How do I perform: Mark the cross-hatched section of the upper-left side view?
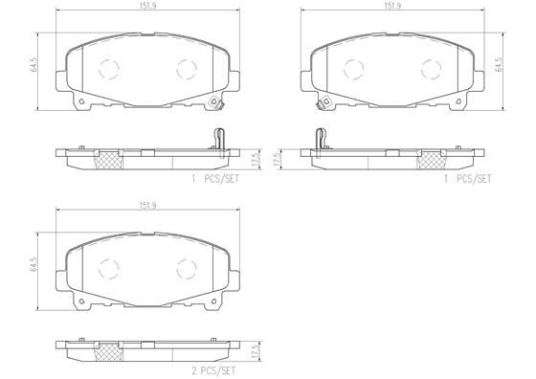(x=108, y=159)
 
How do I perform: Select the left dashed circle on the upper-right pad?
(x=355, y=69)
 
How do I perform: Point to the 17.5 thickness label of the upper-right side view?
(x=278, y=158)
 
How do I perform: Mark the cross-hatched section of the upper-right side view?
(x=431, y=159)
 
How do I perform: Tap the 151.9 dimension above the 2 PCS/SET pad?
(x=145, y=206)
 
